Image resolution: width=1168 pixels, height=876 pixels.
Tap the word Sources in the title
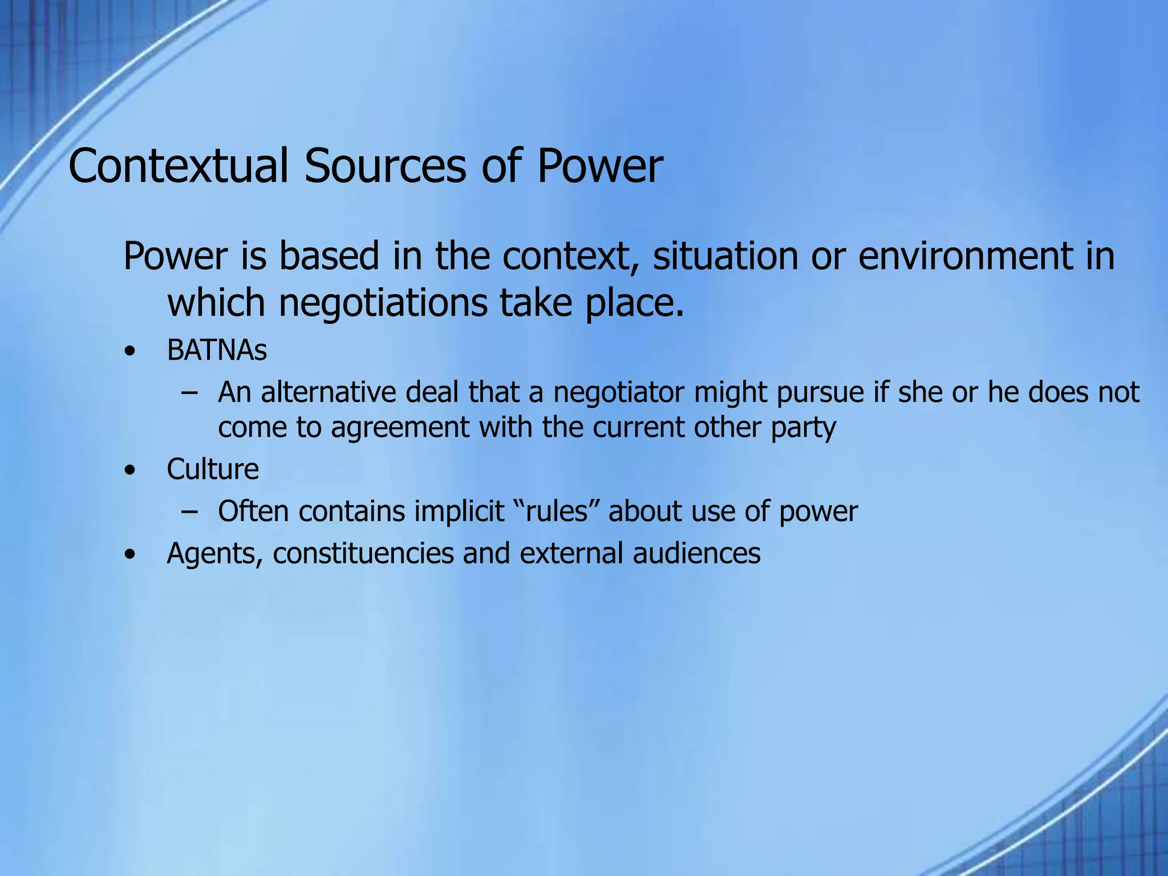tap(385, 166)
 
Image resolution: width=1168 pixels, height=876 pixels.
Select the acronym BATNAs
tap(217, 350)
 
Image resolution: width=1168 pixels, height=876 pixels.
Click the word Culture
tap(213, 469)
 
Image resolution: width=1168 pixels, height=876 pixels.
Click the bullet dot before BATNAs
tap(131, 352)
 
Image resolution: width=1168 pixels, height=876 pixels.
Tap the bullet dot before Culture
tap(131, 471)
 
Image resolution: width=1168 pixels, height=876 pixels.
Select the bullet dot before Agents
tap(131, 555)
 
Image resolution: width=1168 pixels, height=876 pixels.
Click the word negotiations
tap(383, 303)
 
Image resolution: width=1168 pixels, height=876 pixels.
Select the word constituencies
tap(363, 554)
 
